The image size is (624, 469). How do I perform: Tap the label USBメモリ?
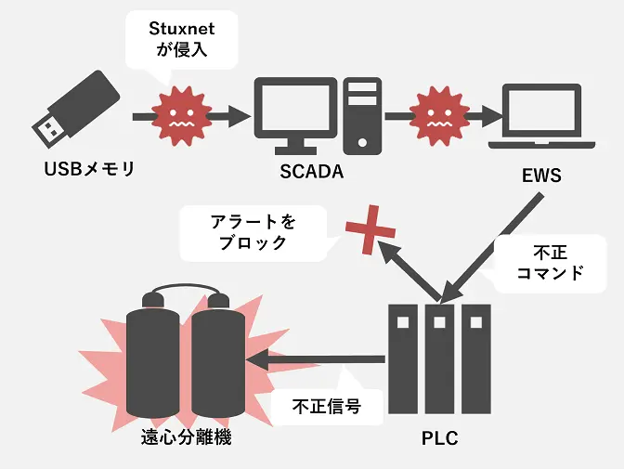tap(89, 169)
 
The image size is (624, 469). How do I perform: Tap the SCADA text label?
tap(312, 172)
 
